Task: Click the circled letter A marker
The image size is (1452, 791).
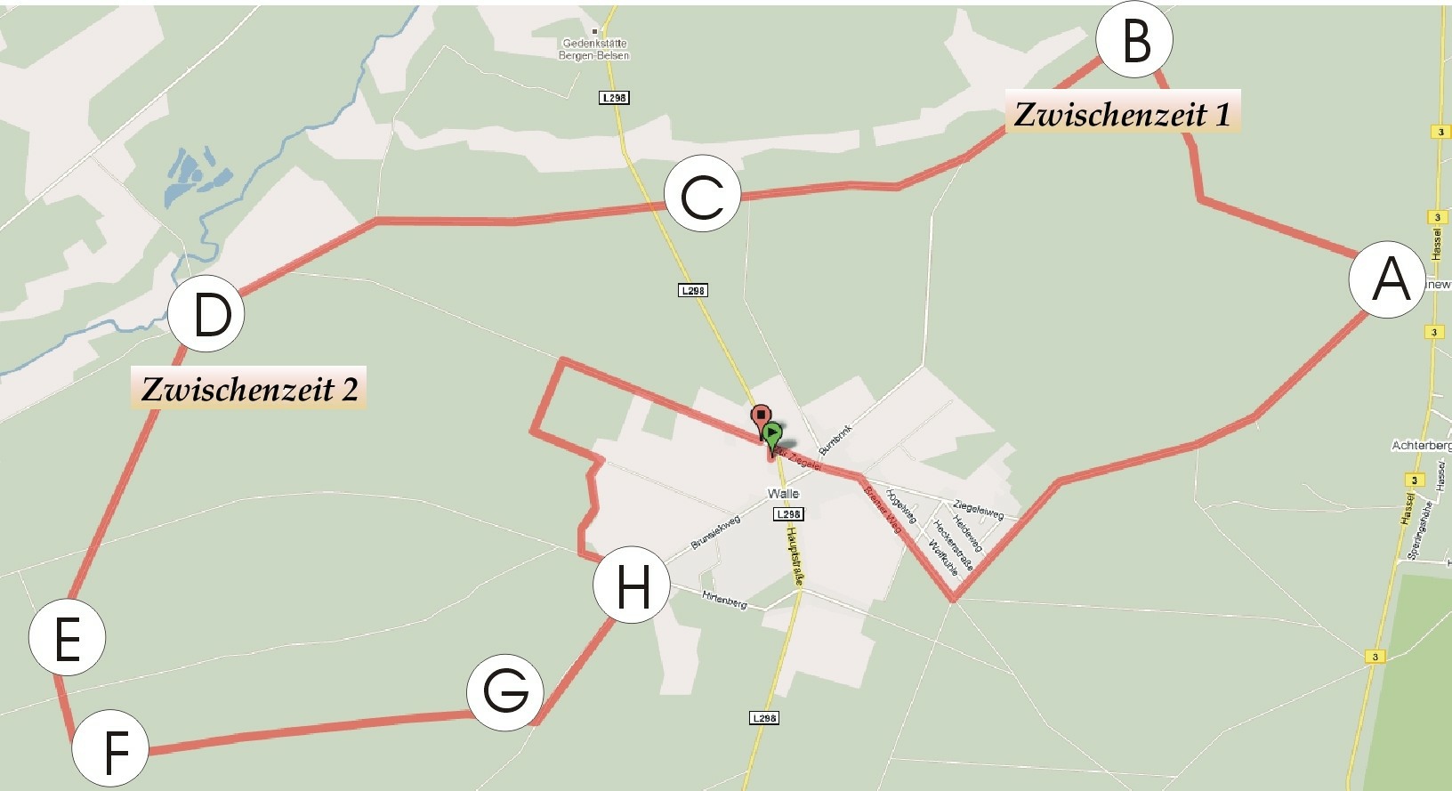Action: tap(1387, 279)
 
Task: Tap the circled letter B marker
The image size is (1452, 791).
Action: tap(1134, 40)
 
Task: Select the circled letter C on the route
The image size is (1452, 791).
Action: tap(702, 194)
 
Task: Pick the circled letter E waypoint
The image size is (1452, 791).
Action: tap(68, 638)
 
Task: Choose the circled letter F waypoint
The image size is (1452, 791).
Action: tap(110, 748)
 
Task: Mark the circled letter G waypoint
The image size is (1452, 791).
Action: tap(505, 692)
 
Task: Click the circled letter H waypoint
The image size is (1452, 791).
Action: tap(632, 585)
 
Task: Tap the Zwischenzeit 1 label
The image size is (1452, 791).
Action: tap(1122, 114)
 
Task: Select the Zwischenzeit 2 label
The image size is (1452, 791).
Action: tap(249, 389)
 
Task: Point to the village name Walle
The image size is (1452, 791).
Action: tap(783, 494)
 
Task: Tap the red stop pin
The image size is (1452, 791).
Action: tap(761, 416)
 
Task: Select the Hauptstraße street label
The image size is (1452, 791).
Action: tap(795, 555)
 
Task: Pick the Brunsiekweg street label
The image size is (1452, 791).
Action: tap(715, 532)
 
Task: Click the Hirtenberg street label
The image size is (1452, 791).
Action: tap(724, 601)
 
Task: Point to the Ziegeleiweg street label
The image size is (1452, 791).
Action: tap(979, 509)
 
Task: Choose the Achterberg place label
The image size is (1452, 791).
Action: tap(1422, 445)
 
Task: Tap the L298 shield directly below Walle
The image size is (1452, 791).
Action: tap(788, 513)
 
